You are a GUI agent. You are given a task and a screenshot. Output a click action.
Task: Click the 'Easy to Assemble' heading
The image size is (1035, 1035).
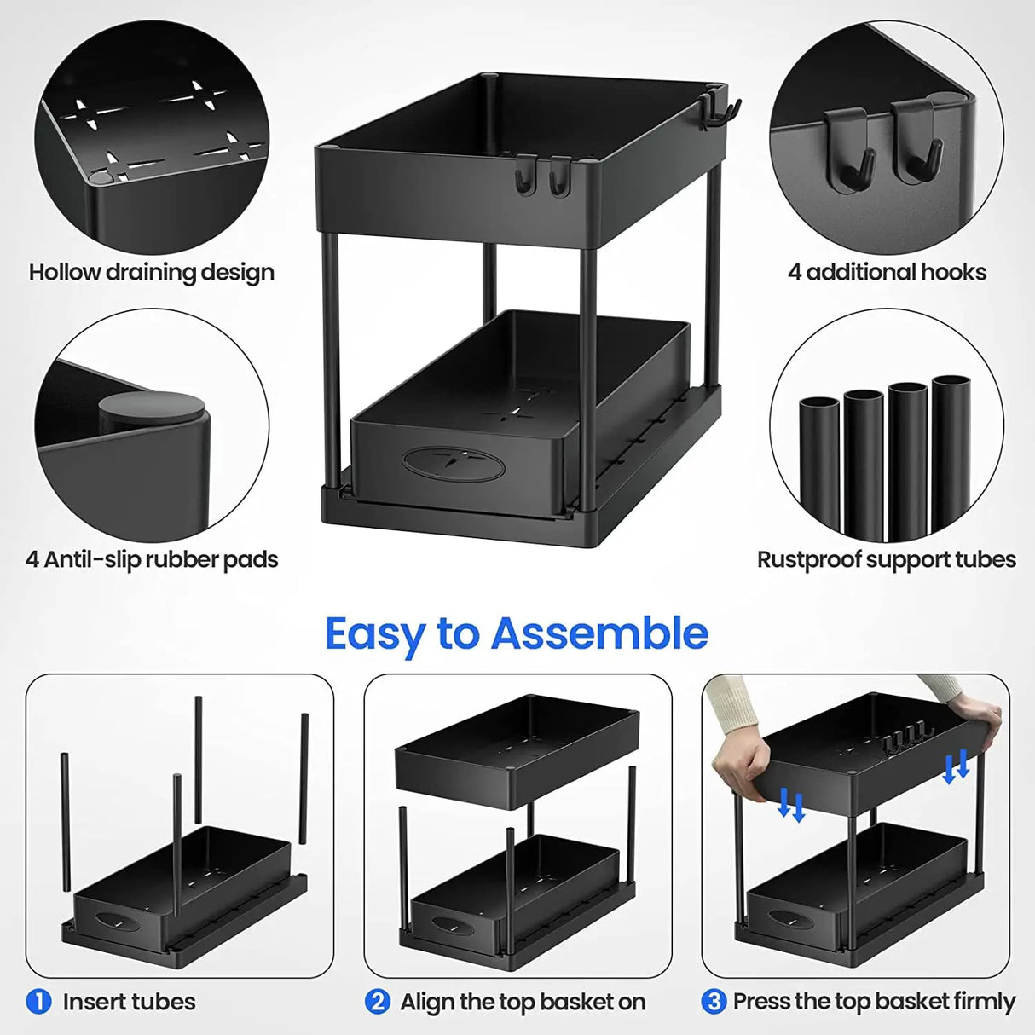point(517,633)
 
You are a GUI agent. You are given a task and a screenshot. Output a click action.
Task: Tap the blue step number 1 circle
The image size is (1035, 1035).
point(39,1002)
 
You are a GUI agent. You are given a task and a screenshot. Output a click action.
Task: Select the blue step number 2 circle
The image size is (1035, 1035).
point(378,1002)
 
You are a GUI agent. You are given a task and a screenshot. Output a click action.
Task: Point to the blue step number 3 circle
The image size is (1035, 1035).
point(714,1002)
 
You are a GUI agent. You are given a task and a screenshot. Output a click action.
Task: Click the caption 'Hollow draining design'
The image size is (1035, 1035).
point(152,273)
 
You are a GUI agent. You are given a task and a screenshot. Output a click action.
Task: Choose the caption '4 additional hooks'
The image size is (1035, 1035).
point(887,273)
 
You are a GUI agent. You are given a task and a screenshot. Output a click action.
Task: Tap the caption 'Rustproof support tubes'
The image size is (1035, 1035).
point(887,560)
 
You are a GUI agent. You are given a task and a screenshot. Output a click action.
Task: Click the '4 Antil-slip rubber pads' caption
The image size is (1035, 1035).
point(152,560)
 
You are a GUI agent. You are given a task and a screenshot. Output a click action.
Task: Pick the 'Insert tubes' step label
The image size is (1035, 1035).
point(129,1002)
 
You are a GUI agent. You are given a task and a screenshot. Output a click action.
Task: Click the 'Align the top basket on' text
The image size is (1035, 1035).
point(523,1002)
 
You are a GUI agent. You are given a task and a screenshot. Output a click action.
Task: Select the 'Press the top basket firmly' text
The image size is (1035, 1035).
point(874,1002)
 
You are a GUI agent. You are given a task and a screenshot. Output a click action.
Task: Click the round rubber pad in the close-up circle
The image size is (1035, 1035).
point(154,408)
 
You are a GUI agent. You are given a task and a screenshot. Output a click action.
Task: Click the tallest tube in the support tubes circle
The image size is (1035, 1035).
point(951,452)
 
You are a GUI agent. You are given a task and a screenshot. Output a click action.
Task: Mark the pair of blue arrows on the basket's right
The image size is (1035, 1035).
point(957,768)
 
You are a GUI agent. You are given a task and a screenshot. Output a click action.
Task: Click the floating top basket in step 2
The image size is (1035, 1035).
point(517,750)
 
